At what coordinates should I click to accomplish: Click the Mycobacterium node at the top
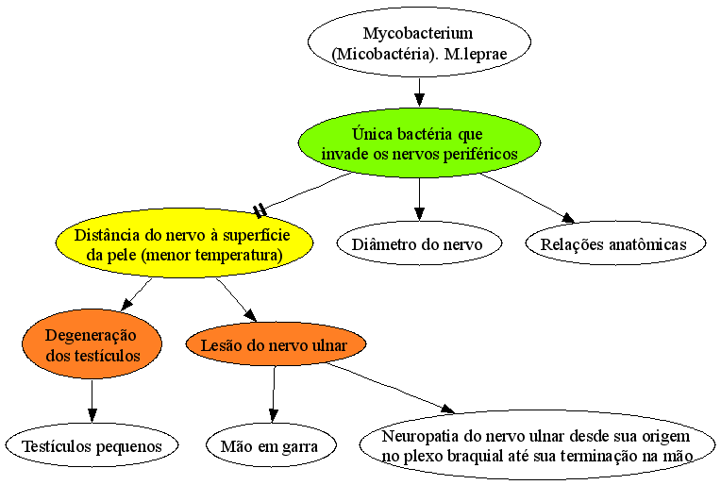click(x=419, y=42)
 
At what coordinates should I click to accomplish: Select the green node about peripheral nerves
click(x=419, y=143)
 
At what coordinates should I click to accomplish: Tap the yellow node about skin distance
click(x=184, y=243)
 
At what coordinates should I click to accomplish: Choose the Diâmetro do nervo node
click(x=419, y=243)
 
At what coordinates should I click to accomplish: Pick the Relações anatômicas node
click(x=615, y=243)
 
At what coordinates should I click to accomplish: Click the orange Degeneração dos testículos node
click(x=92, y=344)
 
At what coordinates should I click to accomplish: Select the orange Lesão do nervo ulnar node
click(x=276, y=344)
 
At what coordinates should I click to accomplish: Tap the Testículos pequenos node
click(x=92, y=445)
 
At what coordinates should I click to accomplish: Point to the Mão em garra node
click(x=271, y=445)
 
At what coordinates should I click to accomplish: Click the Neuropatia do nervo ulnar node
click(x=537, y=445)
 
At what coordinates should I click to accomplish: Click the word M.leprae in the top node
click(x=476, y=54)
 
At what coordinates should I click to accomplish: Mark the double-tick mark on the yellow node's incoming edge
click(x=260, y=210)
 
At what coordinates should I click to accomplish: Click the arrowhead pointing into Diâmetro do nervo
click(x=419, y=215)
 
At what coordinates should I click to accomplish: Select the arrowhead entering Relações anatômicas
click(x=568, y=218)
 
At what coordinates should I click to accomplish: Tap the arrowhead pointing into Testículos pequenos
click(x=92, y=416)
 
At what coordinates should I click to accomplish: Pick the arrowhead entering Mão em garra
click(x=273, y=416)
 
